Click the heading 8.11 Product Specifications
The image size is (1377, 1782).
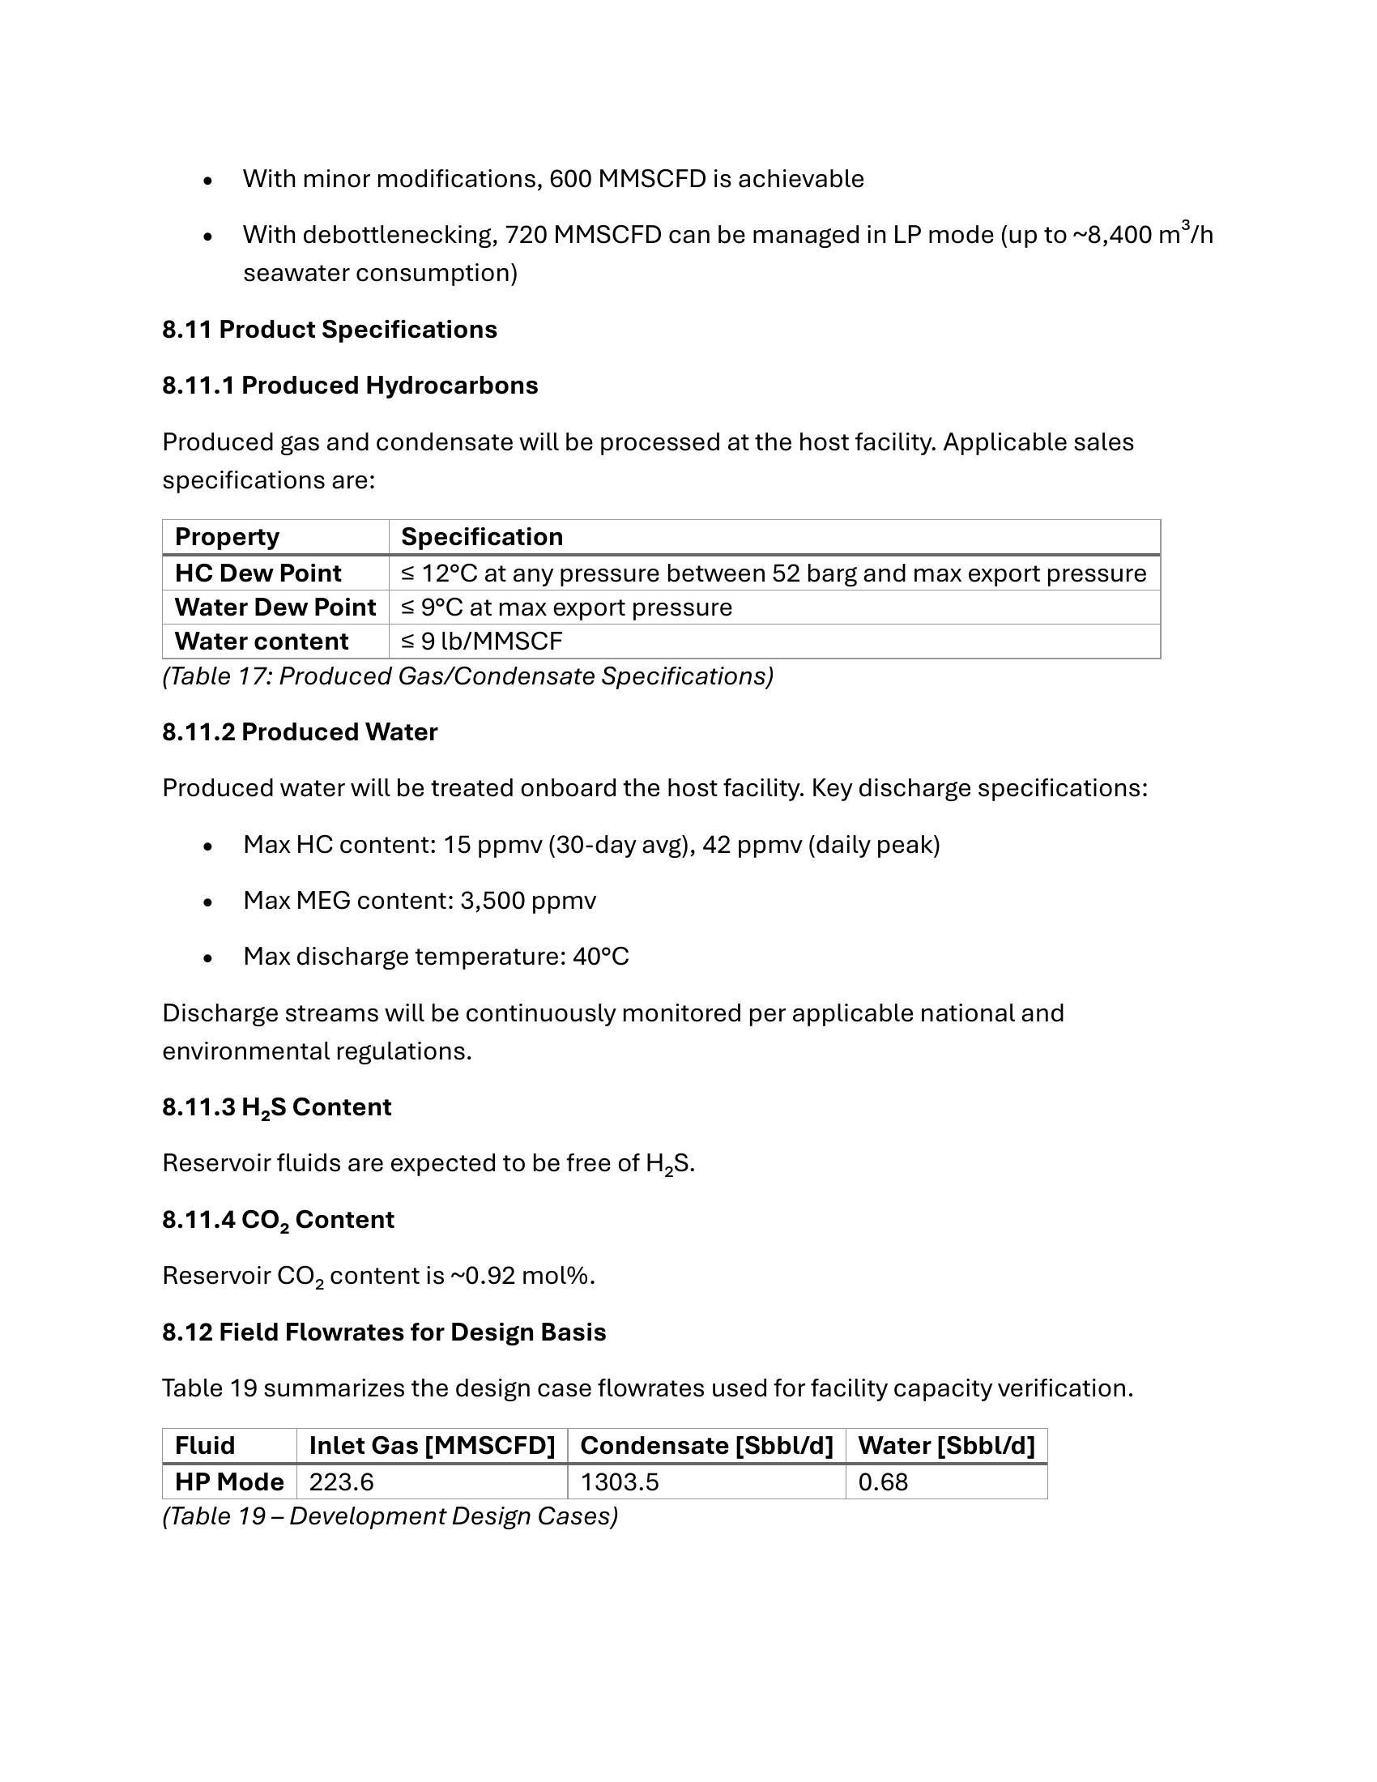point(330,330)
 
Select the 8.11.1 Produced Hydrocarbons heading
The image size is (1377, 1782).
point(350,385)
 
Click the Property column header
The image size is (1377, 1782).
point(227,537)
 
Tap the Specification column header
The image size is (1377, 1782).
point(482,537)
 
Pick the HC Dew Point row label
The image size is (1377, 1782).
point(258,573)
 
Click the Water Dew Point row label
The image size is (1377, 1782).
point(275,607)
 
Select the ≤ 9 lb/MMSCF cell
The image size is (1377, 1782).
point(482,642)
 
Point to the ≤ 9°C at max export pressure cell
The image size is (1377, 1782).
point(567,607)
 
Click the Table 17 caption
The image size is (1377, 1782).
point(467,676)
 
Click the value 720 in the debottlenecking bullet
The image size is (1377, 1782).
point(526,235)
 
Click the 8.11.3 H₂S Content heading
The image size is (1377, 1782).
point(276,1107)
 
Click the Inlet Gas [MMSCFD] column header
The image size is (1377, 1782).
point(432,1446)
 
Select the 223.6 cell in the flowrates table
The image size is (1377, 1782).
point(341,1481)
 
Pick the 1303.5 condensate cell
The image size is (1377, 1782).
point(619,1481)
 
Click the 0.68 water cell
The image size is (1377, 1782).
point(883,1481)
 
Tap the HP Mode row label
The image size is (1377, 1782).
point(229,1481)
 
